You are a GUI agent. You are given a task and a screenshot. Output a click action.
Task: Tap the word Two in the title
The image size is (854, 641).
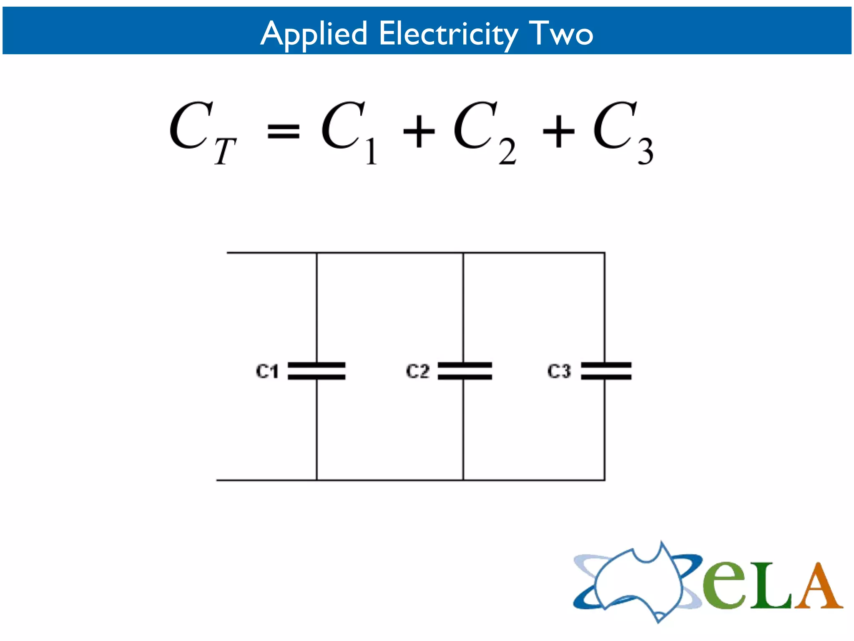tap(561, 33)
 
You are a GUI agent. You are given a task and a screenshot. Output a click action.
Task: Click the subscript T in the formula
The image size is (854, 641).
tap(225, 151)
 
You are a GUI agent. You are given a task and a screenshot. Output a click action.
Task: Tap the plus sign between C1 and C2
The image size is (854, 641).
tap(419, 131)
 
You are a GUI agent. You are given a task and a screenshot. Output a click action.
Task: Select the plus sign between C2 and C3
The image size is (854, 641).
tap(558, 131)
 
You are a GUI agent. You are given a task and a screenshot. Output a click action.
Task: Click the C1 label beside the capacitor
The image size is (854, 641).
tap(267, 371)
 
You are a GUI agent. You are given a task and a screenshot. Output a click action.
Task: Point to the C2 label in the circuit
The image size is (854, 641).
tap(417, 371)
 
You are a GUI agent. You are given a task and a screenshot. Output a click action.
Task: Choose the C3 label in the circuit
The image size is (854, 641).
tap(559, 371)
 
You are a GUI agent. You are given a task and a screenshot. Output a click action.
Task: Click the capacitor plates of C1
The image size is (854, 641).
tap(316, 371)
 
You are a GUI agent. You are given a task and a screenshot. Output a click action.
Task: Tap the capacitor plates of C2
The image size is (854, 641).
tap(465, 371)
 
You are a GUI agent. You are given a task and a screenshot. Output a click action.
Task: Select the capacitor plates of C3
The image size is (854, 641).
tap(606, 371)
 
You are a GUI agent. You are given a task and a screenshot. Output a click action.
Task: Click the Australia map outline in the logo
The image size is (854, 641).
tap(638, 582)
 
